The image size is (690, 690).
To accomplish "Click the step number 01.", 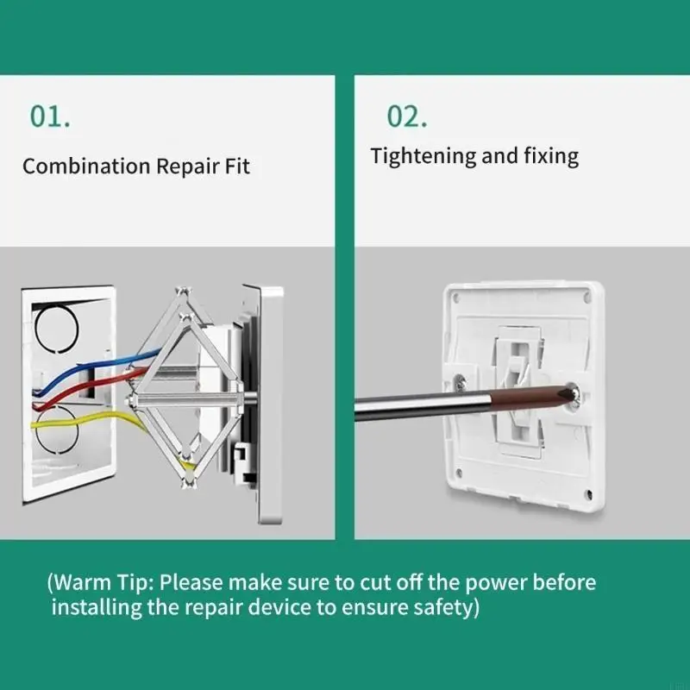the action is pyautogui.click(x=50, y=116).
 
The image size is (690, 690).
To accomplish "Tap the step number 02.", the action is pyautogui.click(x=406, y=116).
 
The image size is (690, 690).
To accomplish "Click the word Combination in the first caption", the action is pyautogui.click(x=87, y=166).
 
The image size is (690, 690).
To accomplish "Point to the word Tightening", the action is pyautogui.click(x=423, y=157).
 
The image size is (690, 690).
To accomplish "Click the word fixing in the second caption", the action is pyautogui.click(x=551, y=157).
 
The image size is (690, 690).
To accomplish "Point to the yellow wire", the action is pyautogui.click(x=88, y=417).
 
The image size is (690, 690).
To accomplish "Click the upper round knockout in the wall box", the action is pyautogui.click(x=56, y=329).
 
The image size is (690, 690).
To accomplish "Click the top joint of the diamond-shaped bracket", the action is pyautogui.click(x=184, y=292).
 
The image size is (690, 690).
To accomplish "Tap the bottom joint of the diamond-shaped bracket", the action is pyautogui.click(x=188, y=483).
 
